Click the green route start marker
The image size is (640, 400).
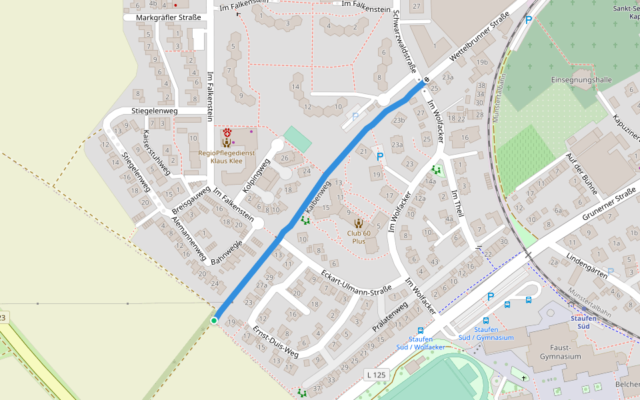pyautogui.click(x=214, y=321)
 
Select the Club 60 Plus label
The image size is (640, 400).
pyautogui.click(x=359, y=237)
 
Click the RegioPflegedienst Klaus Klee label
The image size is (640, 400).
pyautogui.click(x=227, y=157)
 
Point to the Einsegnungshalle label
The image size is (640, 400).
pyautogui.click(x=581, y=79)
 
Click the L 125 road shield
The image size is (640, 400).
pyautogui.click(x=377, y=375)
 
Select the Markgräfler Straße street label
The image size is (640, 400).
pyautogui.click(x=168, y=17)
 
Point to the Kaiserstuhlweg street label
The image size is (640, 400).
pyautogui.click(x=156, y=152)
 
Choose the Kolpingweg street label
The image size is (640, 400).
pyautogui.click(x=257, y=175)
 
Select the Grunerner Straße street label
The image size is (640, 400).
pyautogui.click(x=609, y=205)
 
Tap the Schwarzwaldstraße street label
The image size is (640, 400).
pyautogui.click(x=405, y=41)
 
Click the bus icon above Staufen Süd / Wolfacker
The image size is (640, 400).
pyautogui.click(x=420, y=330)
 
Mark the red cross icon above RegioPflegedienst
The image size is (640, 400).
pyautogui.click(x=227, y=132)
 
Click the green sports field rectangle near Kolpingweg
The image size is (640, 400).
pyautogui.click(x=297, y=138)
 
